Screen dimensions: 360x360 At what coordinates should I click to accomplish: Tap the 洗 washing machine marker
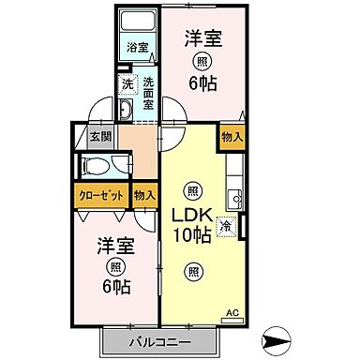[x=127, y=85]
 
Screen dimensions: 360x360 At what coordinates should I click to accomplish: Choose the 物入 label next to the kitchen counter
[x=232, y=137]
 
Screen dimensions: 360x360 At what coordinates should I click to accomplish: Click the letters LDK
[x=192, y=212]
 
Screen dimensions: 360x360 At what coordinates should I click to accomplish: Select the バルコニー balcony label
[x=160, y=340]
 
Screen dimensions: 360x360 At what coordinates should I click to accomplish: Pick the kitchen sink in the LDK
[x=236, y=198]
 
